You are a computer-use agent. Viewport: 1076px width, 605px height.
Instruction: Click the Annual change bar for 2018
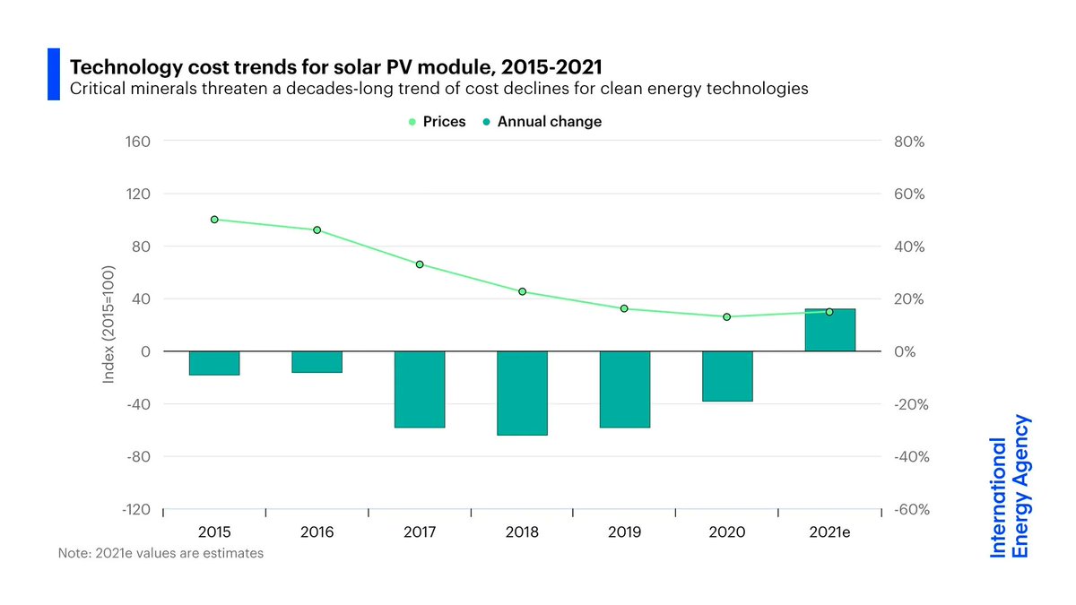(522, 393)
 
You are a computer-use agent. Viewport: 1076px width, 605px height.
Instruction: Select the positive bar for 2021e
(830, 330)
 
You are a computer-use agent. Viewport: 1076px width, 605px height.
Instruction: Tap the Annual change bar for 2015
(214, 363)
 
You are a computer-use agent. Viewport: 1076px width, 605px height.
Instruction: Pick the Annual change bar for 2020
(727, 376)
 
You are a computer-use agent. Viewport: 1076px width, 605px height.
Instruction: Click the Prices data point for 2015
(214, 220)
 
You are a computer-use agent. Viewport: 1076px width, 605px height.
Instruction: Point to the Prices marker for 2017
(420, 264)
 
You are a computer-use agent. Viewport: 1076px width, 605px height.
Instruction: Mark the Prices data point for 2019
(624, 308)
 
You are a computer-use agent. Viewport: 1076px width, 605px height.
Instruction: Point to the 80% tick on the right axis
(906, 142)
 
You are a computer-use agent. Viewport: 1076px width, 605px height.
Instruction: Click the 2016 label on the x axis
(317, 532)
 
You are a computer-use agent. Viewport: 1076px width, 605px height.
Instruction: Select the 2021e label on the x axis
(830, 532)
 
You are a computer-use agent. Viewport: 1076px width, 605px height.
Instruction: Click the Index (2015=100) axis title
(108, 325)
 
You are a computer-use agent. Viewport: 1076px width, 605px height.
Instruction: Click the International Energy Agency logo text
(1010, 486)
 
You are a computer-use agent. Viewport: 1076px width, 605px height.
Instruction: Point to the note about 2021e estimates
(161, 553)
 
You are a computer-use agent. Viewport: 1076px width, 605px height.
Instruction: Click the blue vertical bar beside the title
(53, 74)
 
